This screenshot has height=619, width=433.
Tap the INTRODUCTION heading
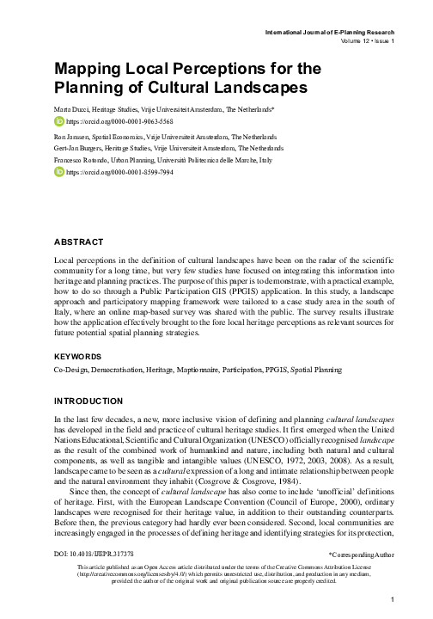pos(89,401)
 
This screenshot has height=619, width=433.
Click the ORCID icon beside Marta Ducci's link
pos(59,122)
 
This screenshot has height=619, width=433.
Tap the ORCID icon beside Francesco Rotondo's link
pos(59,172)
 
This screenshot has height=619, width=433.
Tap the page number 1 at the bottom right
pos(390,599)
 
